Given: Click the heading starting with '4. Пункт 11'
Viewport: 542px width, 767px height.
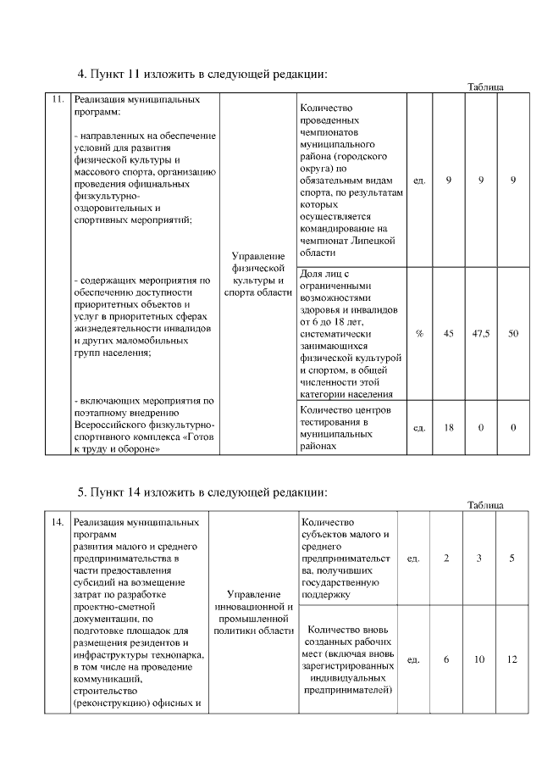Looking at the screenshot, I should click(202, 74).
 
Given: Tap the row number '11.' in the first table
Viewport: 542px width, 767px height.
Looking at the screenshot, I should click(57, 100).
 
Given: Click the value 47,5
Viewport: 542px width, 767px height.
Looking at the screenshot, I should click(480, 333).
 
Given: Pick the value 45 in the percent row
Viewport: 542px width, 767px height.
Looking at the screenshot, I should click(449, 333).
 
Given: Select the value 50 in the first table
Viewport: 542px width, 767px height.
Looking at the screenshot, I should click(513, 333).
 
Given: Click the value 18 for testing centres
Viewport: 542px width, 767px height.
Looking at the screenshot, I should click(449, 428).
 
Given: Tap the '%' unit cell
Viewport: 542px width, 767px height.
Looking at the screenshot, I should click(419, 333).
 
